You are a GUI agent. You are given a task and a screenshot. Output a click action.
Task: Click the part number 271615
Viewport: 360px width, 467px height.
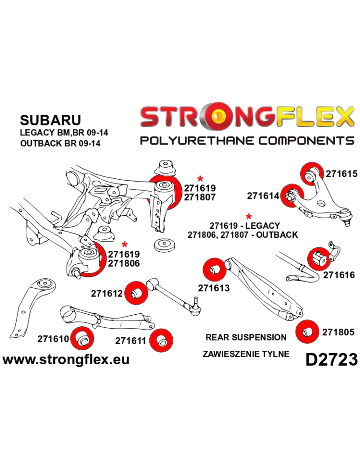[341, 174]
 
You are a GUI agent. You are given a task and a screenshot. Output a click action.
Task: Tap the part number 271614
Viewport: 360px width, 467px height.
[263, 196]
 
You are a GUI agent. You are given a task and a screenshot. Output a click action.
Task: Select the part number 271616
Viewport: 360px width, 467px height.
[338, 275]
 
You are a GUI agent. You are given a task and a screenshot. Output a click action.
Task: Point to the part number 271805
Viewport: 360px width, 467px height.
[338, 333]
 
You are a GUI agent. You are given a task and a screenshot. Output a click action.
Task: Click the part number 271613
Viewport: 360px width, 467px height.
[214, 288]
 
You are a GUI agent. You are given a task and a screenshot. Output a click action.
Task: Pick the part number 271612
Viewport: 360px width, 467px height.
[106, 293]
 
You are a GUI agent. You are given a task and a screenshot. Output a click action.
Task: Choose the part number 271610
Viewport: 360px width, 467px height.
[53, 339]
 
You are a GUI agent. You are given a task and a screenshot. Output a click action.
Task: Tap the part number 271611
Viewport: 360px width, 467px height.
[131, 341]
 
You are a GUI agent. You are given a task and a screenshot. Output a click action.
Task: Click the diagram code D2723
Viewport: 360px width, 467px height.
[331, 359]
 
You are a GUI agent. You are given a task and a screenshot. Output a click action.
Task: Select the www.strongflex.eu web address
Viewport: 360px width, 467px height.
[66, 360]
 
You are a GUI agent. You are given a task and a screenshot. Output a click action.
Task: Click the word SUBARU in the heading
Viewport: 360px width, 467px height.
[50, 120]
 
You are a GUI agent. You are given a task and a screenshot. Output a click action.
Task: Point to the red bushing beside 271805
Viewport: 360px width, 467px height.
[307, 331]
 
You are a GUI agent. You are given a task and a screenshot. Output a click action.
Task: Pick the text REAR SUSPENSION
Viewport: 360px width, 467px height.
[246, 337]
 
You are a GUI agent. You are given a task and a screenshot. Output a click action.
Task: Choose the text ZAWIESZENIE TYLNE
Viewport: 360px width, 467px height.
[246, 354]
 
